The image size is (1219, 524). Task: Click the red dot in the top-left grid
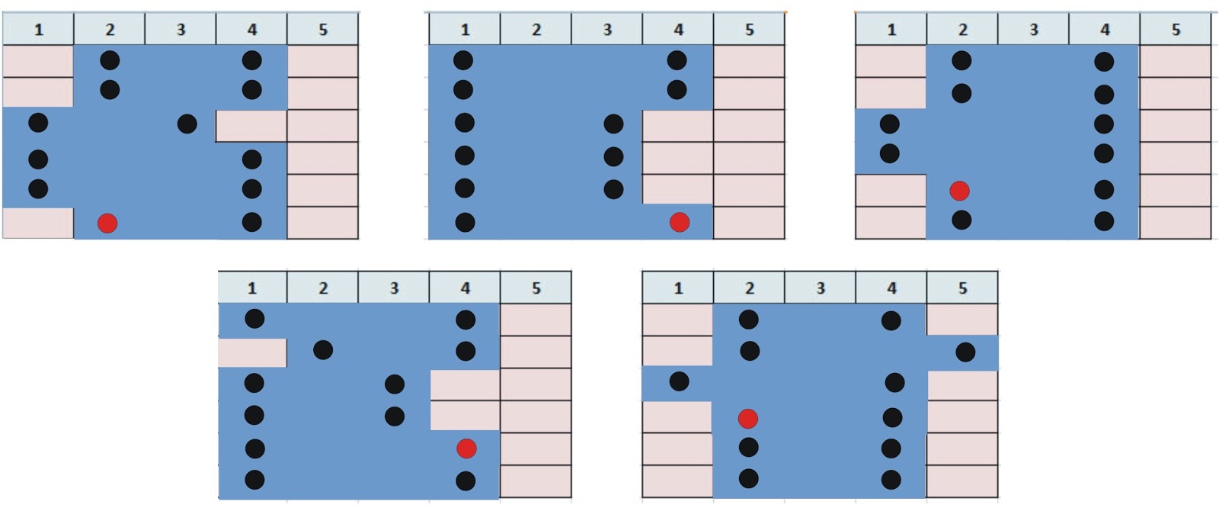(107, 223)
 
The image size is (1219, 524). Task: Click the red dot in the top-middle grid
(679, 222)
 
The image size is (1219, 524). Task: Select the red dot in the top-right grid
(959, 190)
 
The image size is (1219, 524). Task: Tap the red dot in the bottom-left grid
(466, 448)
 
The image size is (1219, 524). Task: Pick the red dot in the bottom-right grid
(748, 418)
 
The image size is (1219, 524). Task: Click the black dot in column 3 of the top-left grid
(187, 124)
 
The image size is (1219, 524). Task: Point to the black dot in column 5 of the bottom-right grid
(965, 352)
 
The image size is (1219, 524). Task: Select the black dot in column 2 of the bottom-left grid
(323, 350)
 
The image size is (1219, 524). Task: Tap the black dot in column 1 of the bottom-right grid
(679, 381)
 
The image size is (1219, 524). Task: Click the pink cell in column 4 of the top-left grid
(251, 126)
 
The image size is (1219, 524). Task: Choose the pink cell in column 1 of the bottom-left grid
(252, 353)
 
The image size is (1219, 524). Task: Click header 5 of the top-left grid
(323, 30)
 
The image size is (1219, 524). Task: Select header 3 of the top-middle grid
(607, 30)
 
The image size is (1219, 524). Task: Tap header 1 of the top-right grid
(891, 30)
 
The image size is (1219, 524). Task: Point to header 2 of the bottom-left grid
(323, 288)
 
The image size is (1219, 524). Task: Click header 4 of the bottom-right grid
(891, 288)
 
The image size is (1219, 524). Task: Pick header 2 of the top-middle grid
(536, 30)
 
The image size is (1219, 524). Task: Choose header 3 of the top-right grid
(1034, 30)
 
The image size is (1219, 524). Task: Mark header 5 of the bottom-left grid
(536, 288)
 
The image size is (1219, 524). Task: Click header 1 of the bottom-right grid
(678, 288)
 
